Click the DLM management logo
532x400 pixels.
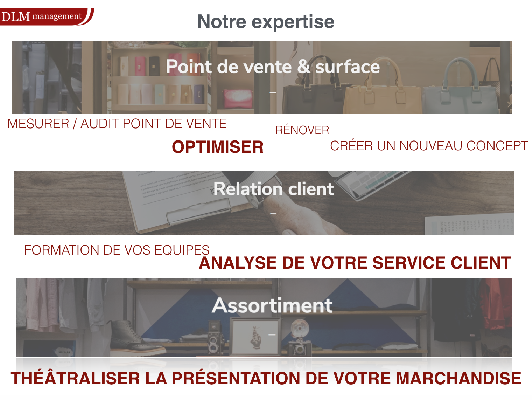pyautogui.click(x=47, y=16)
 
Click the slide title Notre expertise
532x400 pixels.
pyautogui.click(x=266, y=22)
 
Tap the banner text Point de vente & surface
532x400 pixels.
pyautogui.click(x=273, y=67)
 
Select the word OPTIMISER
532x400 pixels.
pyautogui.click(x=217, y=147)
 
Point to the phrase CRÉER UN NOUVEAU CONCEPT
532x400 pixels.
pyautogui.click(x=429, y=146)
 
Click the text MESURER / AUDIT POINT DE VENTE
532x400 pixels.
pyautogui.click(x=117, y=124)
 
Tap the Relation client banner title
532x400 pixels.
pyautogui.click(x=273, y=189)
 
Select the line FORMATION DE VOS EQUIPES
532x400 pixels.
pyautogui.click(x=117, y=250)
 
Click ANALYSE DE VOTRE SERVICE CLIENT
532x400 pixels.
pyautogui.click(x=355, y=263)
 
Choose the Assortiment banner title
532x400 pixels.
pyautogui.click(x=272, y=305)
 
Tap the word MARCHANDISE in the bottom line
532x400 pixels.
pyautogui.click(x=458, y=378)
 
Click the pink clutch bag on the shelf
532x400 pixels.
pyautogui.click(x=238, y=98)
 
